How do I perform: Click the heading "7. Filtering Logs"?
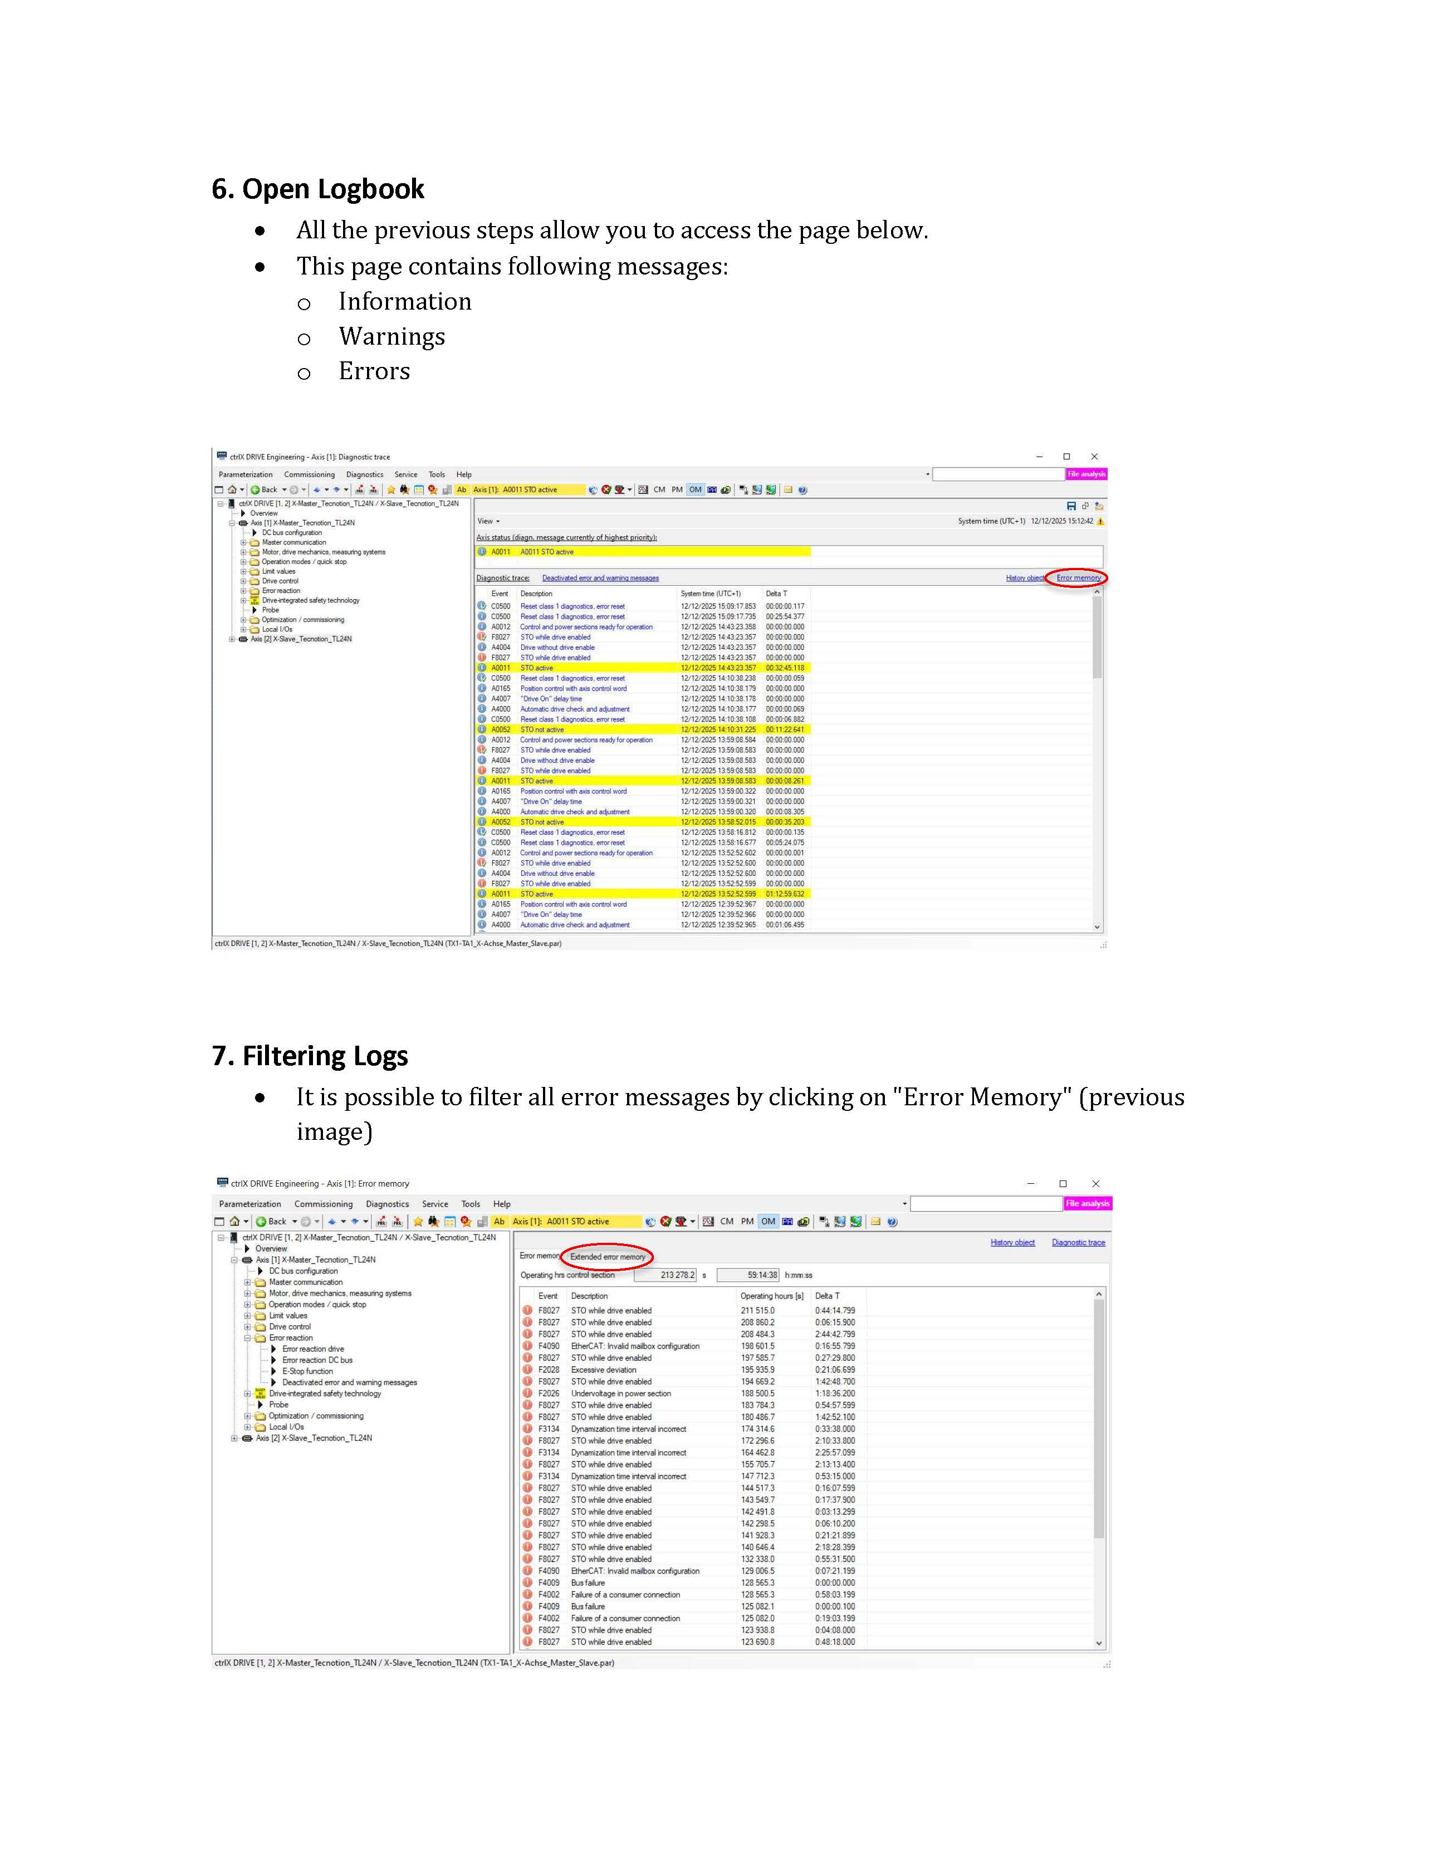pos(310,1056)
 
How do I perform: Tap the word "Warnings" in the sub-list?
pos(391,337)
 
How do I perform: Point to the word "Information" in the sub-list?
pos(404,302)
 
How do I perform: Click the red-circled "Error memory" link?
pos(1078,578)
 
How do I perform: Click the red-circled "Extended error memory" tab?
pos(607,1257)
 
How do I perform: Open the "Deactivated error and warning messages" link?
pos(600,578)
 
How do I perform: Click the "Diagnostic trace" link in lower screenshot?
pos(1078,1242)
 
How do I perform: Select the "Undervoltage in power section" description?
pos(620,1394)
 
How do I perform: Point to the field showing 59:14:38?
pos(748,1276)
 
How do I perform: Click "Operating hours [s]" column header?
pos(771,1296)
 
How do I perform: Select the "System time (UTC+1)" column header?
pos(710,594)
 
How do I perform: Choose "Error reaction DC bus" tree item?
pos(317,1360)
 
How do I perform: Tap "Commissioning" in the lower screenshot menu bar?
pos(323,1204)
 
